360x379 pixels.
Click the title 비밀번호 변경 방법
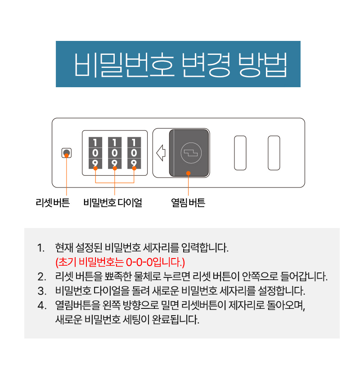(178, 64)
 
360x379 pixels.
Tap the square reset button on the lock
(66, 153)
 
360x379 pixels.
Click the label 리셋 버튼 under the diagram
(53, 203)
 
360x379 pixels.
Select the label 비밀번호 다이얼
(112, 203)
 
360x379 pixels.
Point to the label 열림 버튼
(188, 203)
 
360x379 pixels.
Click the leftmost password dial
(95, 153)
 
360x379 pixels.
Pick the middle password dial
(115, 153)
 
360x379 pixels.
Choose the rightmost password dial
(134, 153)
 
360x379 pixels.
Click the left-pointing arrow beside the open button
(161, 153)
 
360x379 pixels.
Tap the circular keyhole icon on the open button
(189, 152)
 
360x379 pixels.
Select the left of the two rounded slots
(240, 153)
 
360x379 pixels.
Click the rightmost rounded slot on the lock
(274, 153)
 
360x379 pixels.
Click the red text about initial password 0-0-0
(120, 262)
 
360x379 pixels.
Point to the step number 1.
(41, 248)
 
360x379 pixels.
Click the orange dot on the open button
(188, 173)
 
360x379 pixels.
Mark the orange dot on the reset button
(67, 155)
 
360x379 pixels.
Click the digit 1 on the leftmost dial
(95, 143)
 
